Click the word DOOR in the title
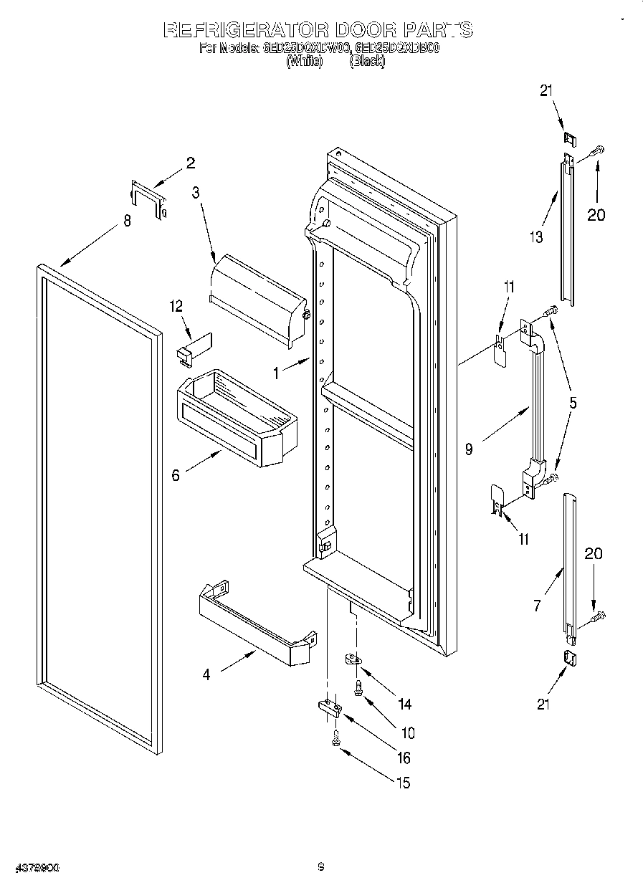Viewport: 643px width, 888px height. pyautogui.click(x=363, y=31)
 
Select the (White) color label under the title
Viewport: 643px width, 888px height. pyautogui.click(x=305, y=62)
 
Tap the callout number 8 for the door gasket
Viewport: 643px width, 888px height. pyautogui.click(x=127, y=221)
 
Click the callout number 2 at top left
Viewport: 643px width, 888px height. pyautogui.click(x=190, y=163)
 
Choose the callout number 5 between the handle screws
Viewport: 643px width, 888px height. pyautogui.click(x=572, y=403)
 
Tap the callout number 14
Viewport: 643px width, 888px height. pyautogui.click(x=404, y=705)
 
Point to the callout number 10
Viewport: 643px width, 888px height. pyautogui.click(x=406, y=733)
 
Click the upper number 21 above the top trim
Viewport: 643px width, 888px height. pyautogui.click(x=546, y=90)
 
